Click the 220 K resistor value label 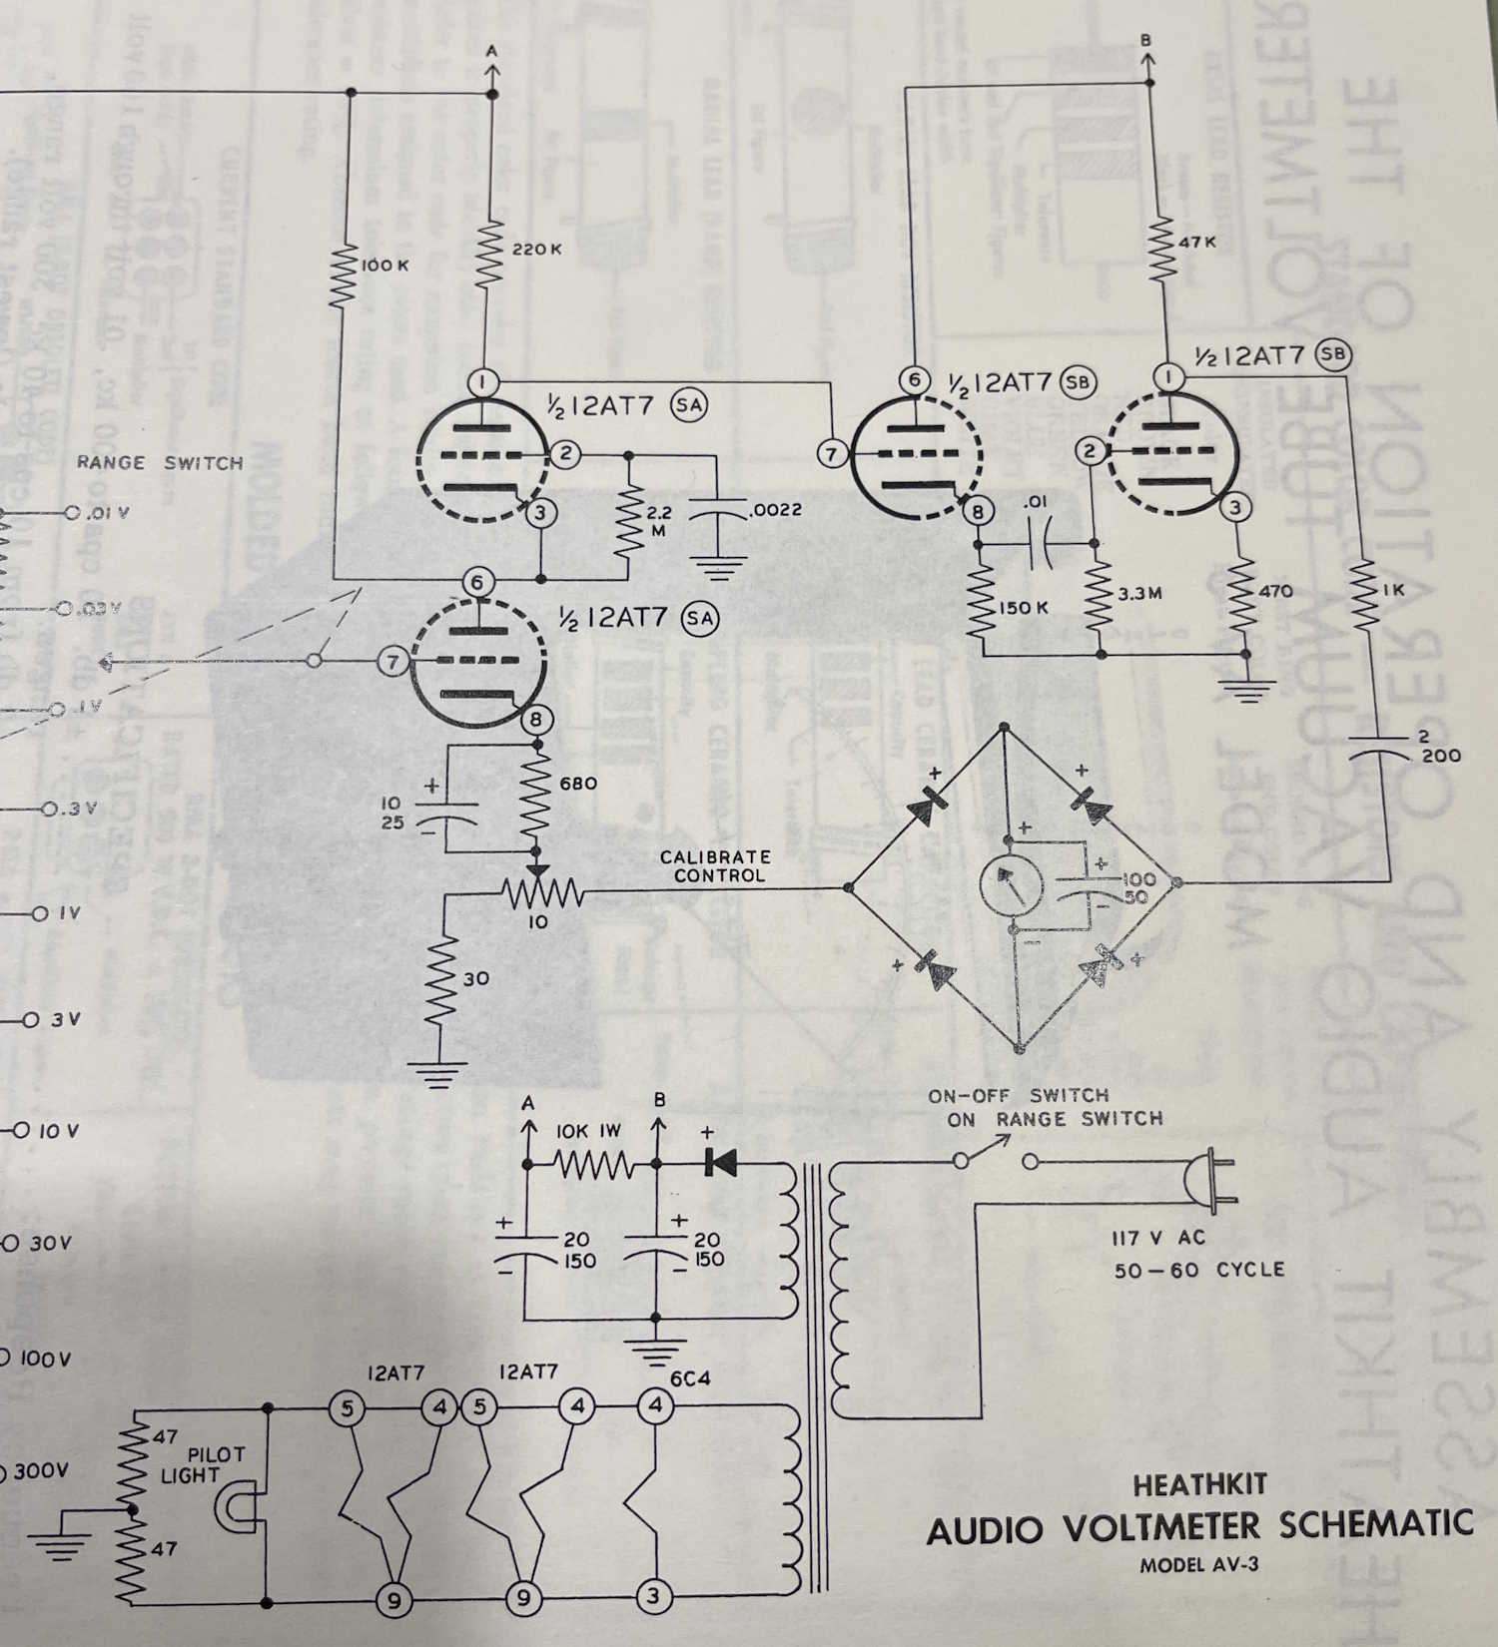[536, 249]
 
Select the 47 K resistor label [1196, 242]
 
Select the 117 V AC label [1158, 1238]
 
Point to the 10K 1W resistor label [588, 1131]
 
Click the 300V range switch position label [38, 1471]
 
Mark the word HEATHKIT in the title [1199, 1484]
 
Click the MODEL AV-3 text [1198, 1564]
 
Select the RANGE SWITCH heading [160, 463]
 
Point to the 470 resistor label [1275, 591]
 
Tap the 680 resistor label [578, 784]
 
